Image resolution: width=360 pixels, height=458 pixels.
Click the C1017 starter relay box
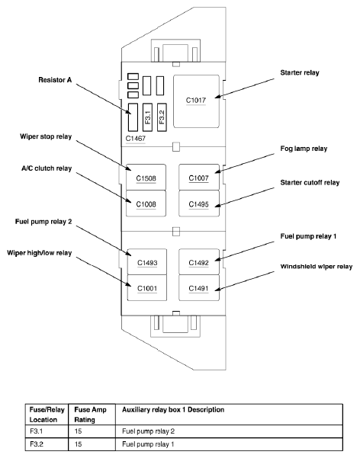click(196, 101)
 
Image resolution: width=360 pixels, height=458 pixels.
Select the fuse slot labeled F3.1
click(147, 117)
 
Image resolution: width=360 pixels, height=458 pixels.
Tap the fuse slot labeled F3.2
click(162, 117)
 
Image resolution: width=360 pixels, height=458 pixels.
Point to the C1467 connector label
click(136, 139)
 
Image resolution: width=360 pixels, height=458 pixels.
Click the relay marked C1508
click(146, 177)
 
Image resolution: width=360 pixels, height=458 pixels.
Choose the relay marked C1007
click(199, 177)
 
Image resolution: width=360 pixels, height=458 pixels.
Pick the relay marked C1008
click(146, 203)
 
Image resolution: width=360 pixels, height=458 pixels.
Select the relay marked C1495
click(199, 203)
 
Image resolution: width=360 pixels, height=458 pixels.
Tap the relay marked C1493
click(147, 261)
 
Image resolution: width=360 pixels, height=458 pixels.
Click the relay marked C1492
click(199, 261)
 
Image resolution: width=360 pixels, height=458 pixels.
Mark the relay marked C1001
click(147, 288)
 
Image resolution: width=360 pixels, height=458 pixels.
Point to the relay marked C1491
click(199, 288)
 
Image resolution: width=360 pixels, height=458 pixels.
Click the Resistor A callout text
click(55, 80)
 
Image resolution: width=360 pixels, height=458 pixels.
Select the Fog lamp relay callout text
click(304, 149)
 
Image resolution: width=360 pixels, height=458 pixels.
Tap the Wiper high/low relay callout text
click(39, 253)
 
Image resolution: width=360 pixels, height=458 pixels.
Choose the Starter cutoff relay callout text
click(310, 183)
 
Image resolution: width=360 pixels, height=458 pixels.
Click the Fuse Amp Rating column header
click(90, 415)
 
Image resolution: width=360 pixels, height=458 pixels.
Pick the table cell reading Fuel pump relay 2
click(148, 431)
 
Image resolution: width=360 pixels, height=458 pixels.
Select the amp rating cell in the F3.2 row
click(78, 444)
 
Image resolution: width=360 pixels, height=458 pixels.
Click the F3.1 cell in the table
click(37, 431)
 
